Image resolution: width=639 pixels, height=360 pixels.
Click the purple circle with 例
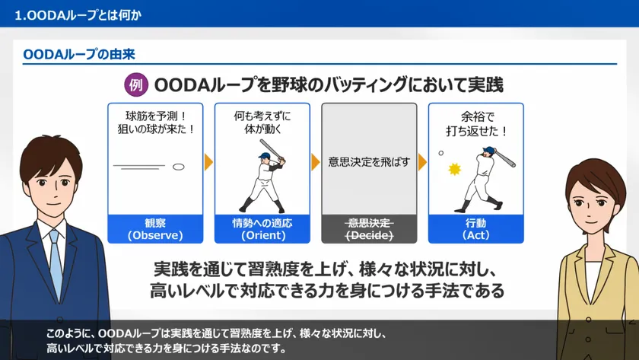(136, 84)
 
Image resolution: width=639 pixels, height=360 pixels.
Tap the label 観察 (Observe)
(155, 229)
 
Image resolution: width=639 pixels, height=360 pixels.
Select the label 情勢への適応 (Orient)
(262, 229)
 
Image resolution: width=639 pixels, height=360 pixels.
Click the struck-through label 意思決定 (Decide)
(369, 229)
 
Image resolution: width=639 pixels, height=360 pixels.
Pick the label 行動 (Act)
(476, 229)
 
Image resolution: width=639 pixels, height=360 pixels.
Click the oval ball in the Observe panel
(179, 167)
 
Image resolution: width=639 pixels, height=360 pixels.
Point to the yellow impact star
(454, 169)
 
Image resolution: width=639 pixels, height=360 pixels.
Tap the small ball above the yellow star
(441, 153)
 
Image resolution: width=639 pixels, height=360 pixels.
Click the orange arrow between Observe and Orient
(208, 162)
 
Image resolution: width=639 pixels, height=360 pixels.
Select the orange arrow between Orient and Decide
(316, 162)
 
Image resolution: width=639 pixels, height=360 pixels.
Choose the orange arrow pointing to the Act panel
(422, 162)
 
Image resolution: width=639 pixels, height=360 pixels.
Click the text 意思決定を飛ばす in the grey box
(369, 162)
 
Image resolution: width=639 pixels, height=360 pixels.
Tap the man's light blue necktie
(56, 261)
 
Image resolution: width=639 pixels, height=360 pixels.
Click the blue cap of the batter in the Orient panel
(265, 156)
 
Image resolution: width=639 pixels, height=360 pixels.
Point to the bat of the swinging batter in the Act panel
(505, 158)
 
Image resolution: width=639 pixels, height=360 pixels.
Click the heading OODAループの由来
(79, 54)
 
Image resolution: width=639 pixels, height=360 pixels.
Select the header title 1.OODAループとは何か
(78, 15)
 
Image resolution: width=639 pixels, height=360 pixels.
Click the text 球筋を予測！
(156, 116)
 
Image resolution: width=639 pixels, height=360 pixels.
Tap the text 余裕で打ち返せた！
(477, 124)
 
